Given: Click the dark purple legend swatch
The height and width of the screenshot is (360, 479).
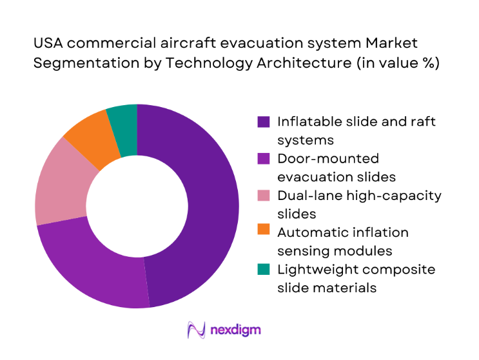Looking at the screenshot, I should tap(263, 121).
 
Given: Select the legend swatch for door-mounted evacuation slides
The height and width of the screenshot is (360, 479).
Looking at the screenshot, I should tap(263, 159).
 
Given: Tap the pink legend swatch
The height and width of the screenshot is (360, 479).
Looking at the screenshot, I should tap(263, 195).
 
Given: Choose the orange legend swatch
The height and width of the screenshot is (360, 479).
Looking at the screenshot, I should tap(263, 232).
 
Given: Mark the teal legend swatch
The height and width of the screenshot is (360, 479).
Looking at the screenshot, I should tap(263, 269).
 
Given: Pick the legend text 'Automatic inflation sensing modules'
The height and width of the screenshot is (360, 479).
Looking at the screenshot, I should tap(342, 241).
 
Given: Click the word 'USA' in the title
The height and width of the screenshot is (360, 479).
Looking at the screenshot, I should tap(48, 43).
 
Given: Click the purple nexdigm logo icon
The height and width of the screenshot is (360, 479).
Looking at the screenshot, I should tap(195, 330).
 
